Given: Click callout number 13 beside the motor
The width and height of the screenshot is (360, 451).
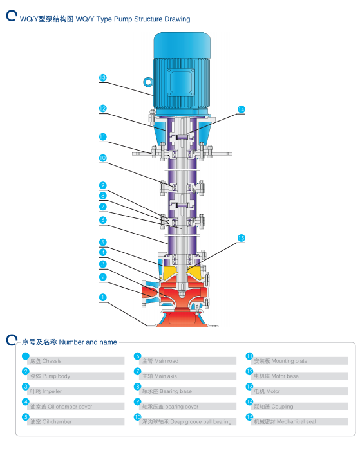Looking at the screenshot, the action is (x=103, y=78).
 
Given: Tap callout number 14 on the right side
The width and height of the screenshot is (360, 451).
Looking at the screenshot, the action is (x=241, y=109).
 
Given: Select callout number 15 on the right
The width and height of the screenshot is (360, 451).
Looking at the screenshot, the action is (x=241, y=238).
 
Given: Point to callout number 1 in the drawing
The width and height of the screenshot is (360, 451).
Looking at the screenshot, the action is (x=103, y=297).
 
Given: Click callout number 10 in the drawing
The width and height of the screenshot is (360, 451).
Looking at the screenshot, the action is (x=103, y=158).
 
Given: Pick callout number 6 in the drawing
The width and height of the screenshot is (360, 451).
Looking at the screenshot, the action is (x=103, y=220).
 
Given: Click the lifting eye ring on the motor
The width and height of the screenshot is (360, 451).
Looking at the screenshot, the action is (x=147, y=82).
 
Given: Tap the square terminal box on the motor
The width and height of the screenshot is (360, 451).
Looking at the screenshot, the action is (x=181, y=82).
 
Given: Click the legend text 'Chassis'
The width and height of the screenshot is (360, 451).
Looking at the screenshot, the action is (x=52, y=361).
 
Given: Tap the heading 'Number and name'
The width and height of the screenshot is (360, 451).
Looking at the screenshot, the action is (x=88, y=342).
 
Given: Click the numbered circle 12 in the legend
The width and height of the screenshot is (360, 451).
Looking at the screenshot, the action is (x=249, y=371).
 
